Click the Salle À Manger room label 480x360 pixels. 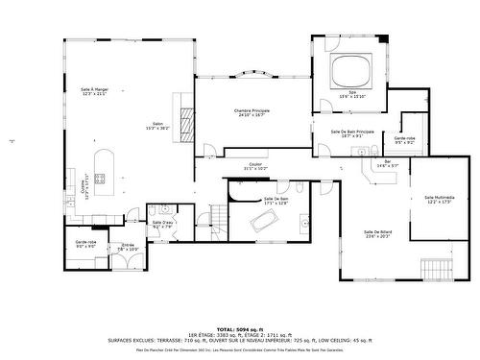(93, 90)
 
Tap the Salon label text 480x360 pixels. (157, 125)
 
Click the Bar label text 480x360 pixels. (388, 162)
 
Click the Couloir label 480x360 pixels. (255, 165)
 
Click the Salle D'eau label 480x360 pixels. (162, 224)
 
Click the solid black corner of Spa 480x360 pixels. (384, 39)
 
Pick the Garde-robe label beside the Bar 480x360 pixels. (404, 141)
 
